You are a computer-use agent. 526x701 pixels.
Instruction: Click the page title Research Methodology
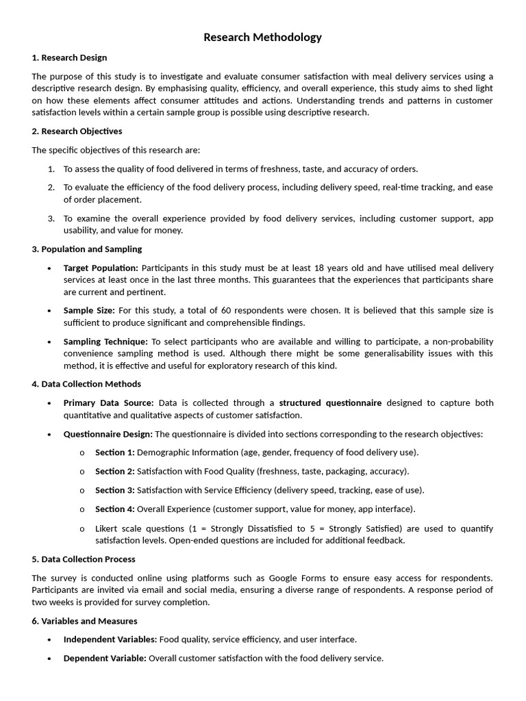click(262, 37)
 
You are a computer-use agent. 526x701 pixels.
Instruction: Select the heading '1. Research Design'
click(69, 58)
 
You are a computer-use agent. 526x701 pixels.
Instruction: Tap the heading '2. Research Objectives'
click(77, 131)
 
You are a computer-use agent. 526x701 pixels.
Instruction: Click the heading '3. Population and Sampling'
click(87, 249)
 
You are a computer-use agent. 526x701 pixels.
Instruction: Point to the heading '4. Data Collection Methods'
click(86, 384)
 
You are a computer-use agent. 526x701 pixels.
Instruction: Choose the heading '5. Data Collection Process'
click(84, 559)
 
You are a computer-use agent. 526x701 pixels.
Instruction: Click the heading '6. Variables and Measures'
click(84, 621)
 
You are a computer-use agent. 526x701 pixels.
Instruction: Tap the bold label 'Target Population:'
click(101, 268)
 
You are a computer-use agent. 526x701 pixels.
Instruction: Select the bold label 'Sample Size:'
click(89, 310)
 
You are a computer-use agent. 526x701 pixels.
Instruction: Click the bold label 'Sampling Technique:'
click(105, 342)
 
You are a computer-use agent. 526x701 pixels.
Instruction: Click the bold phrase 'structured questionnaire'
click(330, 403)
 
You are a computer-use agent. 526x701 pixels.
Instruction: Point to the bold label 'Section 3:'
click(115, 490)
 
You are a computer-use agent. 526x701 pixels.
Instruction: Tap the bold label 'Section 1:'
click(115, 453)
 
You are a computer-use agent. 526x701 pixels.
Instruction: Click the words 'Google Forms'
click(297, 578)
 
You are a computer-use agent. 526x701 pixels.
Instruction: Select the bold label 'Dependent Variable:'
click(105, 659)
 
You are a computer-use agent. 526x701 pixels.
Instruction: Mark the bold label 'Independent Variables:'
click(110, 639)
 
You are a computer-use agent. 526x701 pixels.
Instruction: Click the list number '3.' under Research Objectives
click(51, 218)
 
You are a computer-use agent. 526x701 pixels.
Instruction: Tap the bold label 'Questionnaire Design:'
click(108, 434)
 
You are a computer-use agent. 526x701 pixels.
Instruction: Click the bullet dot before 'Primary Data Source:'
click(49, 403)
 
